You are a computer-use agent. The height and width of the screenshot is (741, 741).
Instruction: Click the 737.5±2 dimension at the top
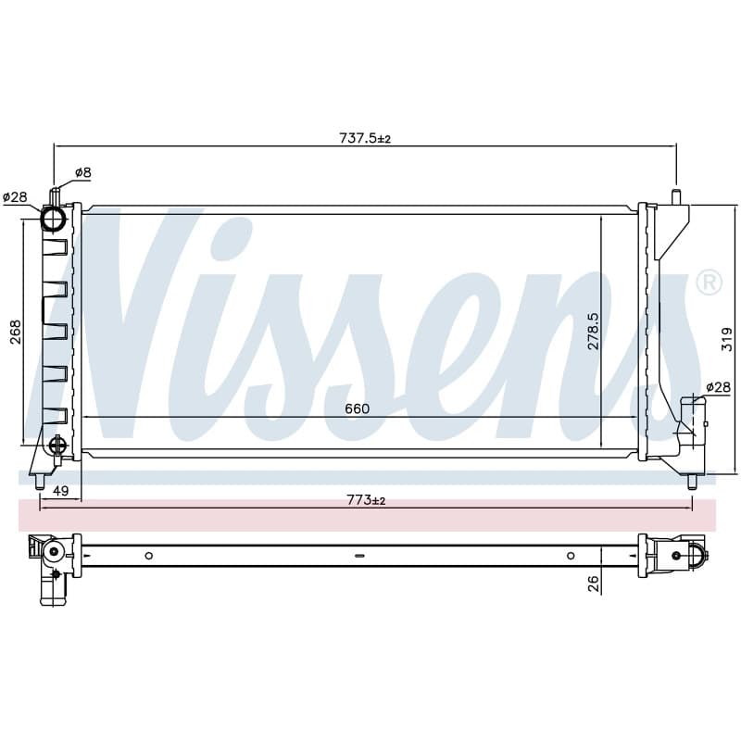[x=365, y=138]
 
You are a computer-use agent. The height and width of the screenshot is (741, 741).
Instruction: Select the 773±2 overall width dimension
[x=366, y=499]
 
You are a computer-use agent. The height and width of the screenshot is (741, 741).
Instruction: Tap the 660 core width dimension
[x=357, y=408]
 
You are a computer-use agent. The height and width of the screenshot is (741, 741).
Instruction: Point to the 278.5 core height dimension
[x=593, y=331]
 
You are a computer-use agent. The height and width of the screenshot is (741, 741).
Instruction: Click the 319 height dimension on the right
[x=727, y=339]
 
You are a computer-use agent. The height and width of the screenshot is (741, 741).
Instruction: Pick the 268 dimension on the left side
[x=16, y=332]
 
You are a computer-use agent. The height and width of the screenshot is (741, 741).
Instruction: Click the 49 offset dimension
[x=60, y=491]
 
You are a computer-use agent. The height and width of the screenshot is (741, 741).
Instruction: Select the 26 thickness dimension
[x=594, y=584]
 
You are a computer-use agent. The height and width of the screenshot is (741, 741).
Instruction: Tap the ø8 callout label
[x=83, y=172]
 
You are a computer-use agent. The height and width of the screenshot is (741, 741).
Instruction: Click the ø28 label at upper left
[x=15, y=196]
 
